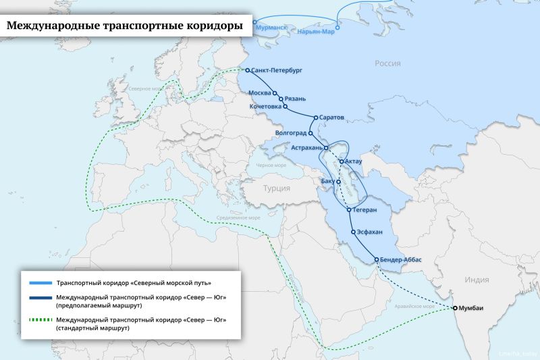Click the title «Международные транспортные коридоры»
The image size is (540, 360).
[x=125, y=26]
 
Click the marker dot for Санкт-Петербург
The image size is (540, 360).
[x=248, y=70]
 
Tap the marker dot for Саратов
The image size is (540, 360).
[x=315, y=118]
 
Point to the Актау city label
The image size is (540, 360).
[x=354, y=161]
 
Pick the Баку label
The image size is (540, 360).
[x=327, y=182]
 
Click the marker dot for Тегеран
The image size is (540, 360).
[x=349, y=210]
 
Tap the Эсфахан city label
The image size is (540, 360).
[x=370, y=232]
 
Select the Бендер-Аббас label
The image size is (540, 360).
[x=403, y=260]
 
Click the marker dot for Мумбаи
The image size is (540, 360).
[x=455, y=308]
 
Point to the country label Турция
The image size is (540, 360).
[x=276, y=188]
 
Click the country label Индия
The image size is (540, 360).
[x=477, y=279]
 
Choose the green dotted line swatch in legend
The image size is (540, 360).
[x=40, y=320]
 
